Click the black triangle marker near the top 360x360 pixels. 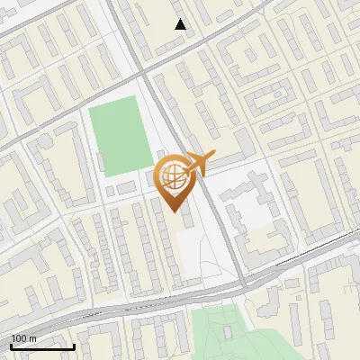pyautogui.click(x=181, y=24)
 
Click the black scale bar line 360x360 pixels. pyautogui.click(x=42, y=347)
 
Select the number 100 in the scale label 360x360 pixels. pyautogui.click(x=18, y=338)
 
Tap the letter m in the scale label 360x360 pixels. pyautogui.click(x=31, y=338)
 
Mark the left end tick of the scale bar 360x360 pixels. pyautogui.click(x=11, y=346)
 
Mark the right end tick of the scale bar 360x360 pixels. pyautogui.click(x=75, y=346)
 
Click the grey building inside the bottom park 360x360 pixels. pyautogui.click(x=228, y=332)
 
